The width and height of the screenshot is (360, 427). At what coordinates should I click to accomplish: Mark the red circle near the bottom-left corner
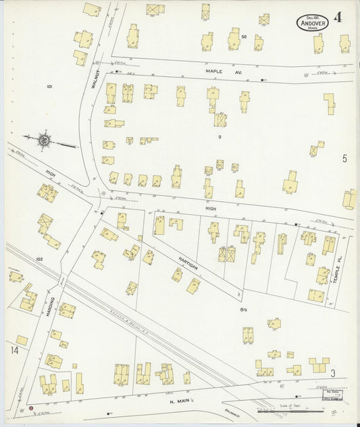coord(30,409)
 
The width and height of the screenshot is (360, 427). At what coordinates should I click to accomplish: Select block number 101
coord(49,86)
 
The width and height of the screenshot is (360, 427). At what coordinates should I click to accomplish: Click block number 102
coord(39,259)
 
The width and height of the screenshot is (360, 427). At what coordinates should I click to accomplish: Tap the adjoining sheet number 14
coord(14,350)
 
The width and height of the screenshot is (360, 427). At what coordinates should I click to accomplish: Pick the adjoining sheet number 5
coord(344,159)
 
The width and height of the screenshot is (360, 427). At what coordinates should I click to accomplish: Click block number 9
coord(220,137)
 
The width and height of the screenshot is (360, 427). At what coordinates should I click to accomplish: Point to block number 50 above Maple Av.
coord(244,36)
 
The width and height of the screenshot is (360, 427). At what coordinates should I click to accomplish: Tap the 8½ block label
coord(243,309)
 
